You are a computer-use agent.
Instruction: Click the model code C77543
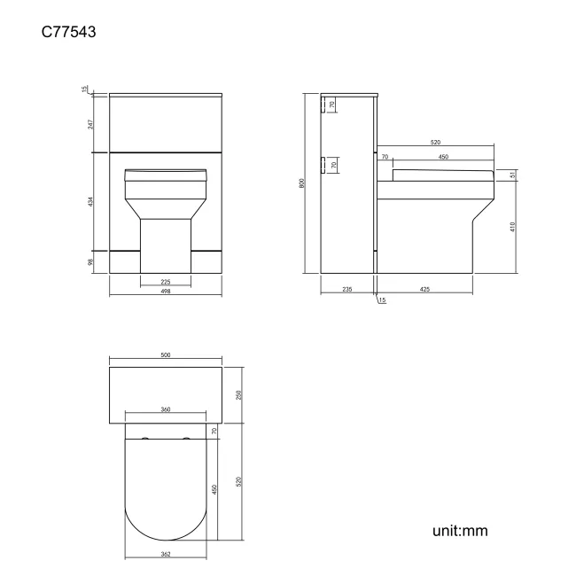pos(69,33)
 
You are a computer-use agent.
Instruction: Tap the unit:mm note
pos(460,531)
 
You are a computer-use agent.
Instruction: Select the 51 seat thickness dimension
pos(513,175)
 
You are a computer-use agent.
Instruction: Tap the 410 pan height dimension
pos(513,226)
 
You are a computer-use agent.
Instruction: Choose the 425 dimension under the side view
pos(425,289)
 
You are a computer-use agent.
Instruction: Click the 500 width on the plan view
pos(166,354)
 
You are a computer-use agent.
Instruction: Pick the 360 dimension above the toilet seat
pos(166,409)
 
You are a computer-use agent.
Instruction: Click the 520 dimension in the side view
pos(435,142)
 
